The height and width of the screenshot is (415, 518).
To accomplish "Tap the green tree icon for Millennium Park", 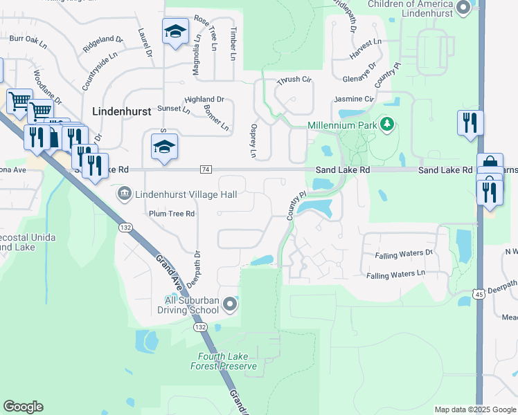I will (x=388, y=124).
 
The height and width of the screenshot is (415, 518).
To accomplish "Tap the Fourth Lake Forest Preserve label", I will (x=224, y=361).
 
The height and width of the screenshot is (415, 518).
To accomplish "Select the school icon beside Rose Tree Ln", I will (x=175, y=32).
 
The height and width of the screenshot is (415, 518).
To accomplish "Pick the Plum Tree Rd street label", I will (x=172, y=214).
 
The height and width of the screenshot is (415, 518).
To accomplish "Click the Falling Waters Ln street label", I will (x=395, y=275).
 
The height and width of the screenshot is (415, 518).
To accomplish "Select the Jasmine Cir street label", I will (x=354, y=100).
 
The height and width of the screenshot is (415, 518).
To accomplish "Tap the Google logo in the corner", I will (x=23, y=407).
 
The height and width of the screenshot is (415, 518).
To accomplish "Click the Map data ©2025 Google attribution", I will (x=474, y=409).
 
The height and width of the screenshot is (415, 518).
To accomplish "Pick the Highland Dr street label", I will (x=205, y=100).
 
